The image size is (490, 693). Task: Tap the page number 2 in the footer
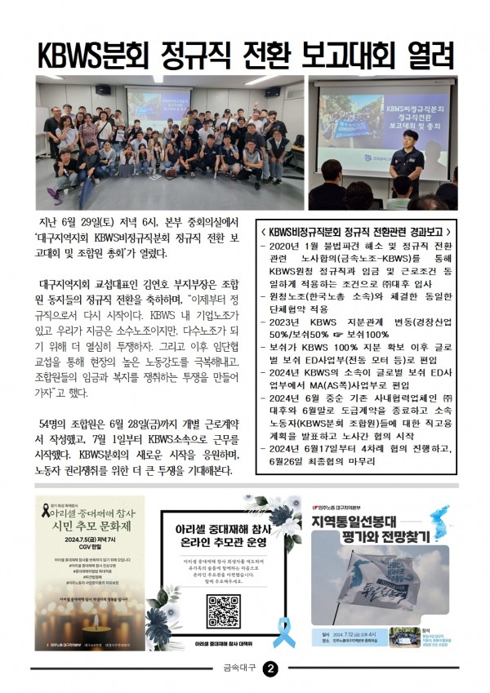270,669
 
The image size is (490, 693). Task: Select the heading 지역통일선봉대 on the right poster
359,522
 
